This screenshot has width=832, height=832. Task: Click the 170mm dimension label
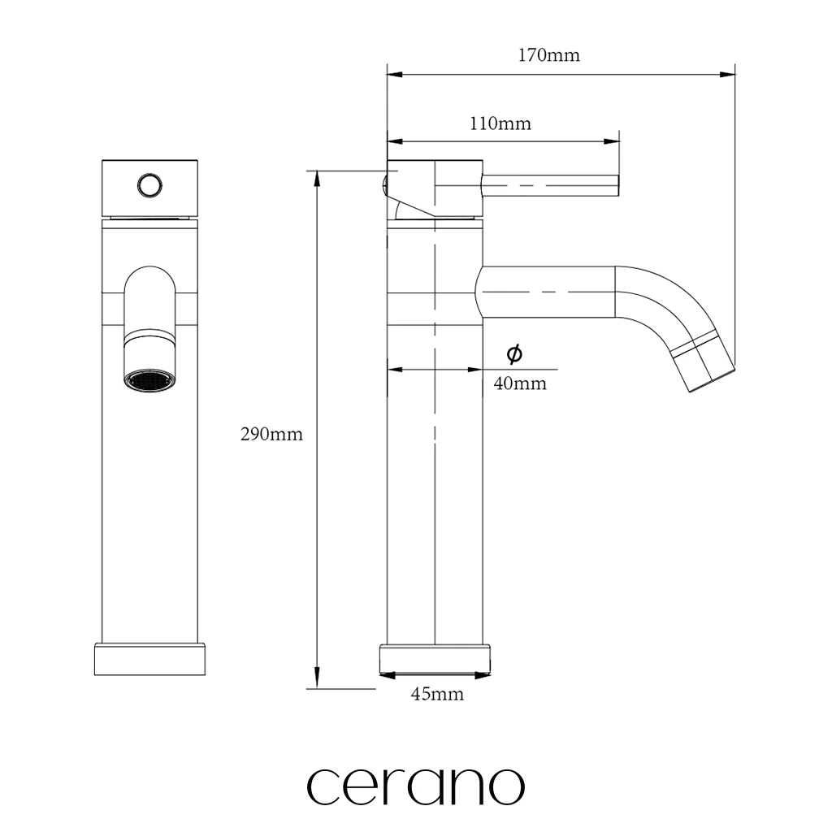point(548,55)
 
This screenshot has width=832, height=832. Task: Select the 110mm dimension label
point(500,123)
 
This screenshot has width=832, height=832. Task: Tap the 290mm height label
point(271,435)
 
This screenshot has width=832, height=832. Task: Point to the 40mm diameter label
point(520,383)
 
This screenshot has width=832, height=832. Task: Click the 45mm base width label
point(437,694)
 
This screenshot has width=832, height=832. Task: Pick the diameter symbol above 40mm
point(514,354)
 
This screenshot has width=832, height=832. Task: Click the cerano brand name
point(415,786)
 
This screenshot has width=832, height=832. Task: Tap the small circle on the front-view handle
point(149,186)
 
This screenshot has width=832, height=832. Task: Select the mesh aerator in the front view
point(149,380)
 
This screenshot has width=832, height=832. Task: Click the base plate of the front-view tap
point(149,660)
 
